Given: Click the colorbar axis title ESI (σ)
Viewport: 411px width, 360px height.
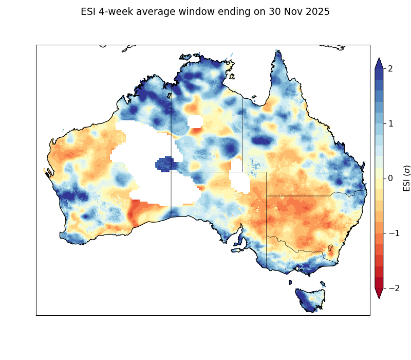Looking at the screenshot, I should tap(407, 178).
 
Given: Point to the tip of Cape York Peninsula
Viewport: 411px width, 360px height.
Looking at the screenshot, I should tap(277, 51).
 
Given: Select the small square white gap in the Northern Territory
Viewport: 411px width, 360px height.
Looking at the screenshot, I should tap(195, 121).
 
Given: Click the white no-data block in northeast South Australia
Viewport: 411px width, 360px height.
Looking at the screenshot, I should tap(239, 182).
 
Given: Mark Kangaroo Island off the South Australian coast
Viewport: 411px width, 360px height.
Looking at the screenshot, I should tap(237, 250).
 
